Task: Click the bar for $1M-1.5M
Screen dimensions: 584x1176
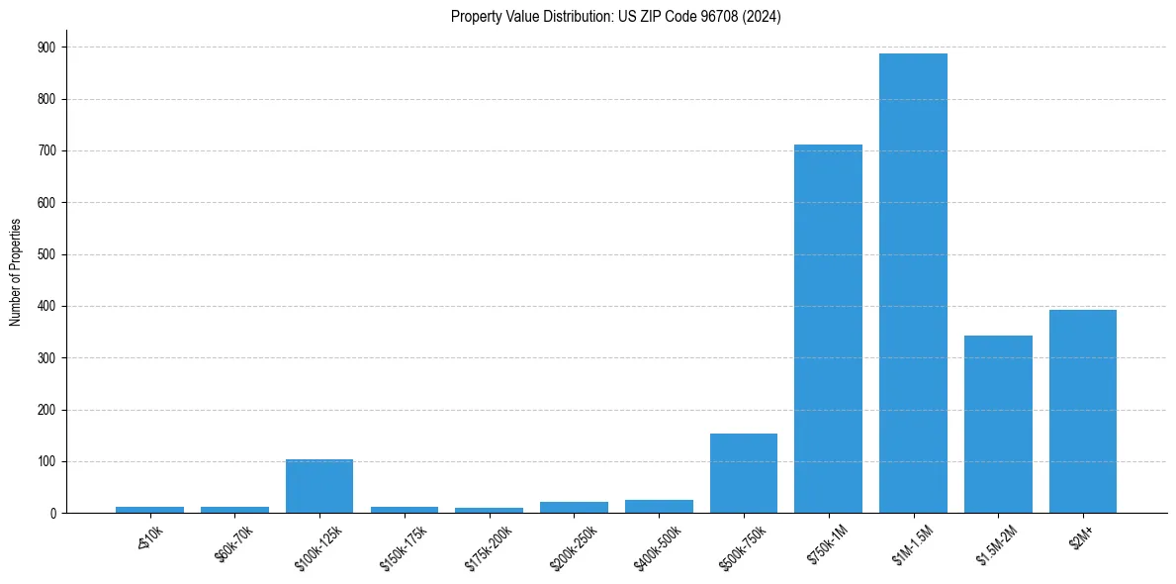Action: tap(913, 283)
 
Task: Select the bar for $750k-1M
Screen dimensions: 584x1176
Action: tap(828, 329)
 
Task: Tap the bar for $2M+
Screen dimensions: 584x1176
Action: tap(1083, 411)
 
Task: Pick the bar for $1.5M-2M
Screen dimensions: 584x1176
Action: tap(998, 424)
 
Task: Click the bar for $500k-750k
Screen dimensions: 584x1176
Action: tap(744, 473)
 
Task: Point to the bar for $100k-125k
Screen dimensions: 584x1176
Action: tap(319, 486)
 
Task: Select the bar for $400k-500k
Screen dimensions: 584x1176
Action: tap(659, 506)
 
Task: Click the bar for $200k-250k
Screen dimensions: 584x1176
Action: tap(574, 507)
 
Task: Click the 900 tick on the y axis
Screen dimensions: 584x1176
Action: tap(46, 48)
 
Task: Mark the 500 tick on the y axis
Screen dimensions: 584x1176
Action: tap(46, 254)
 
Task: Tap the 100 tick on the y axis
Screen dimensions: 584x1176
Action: tap(46, 461)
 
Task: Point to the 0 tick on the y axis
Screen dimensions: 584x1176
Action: tap(52, 513)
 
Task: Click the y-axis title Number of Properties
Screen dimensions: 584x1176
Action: tap(15, 272)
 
